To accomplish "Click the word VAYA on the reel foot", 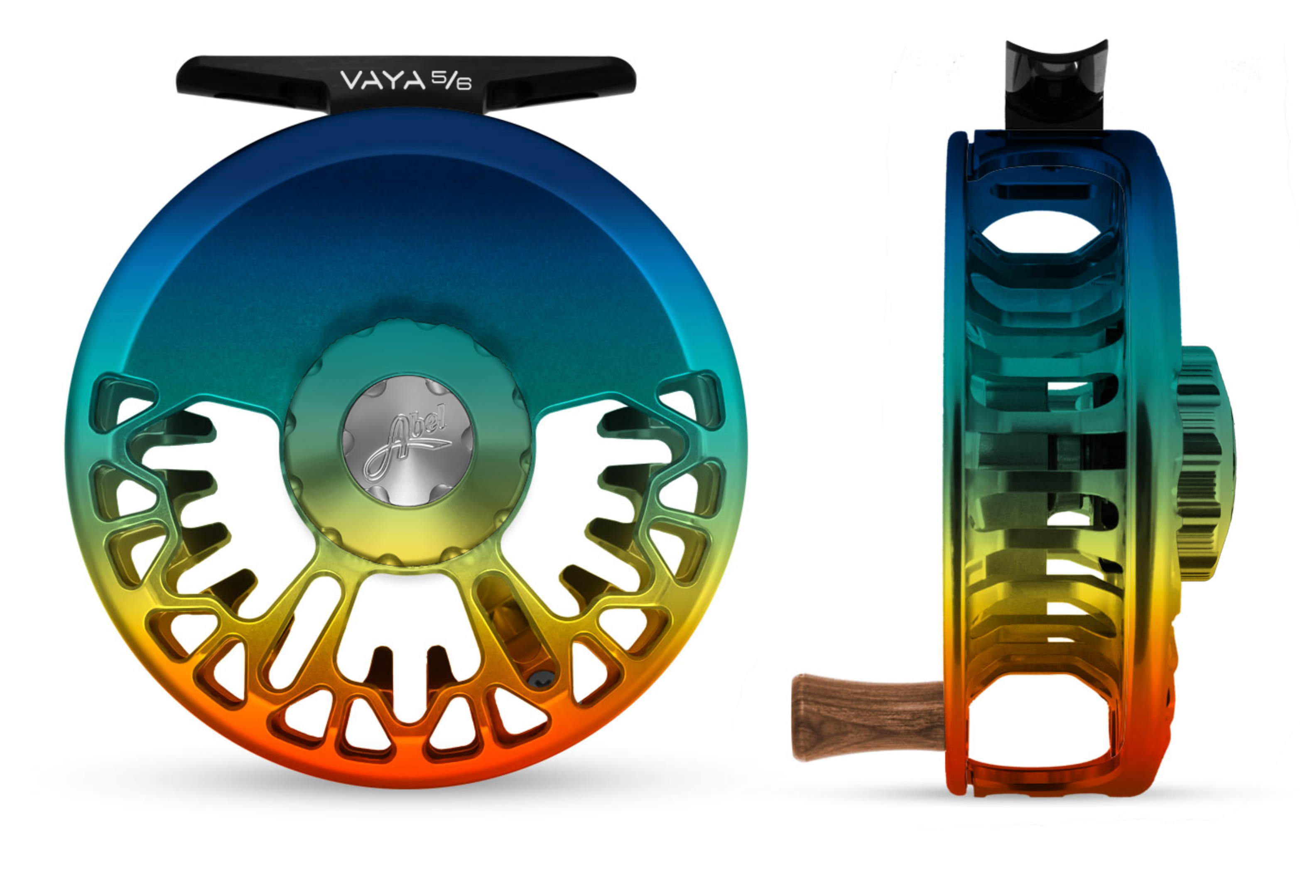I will [383, 81].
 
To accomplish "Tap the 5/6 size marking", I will [451, 81].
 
